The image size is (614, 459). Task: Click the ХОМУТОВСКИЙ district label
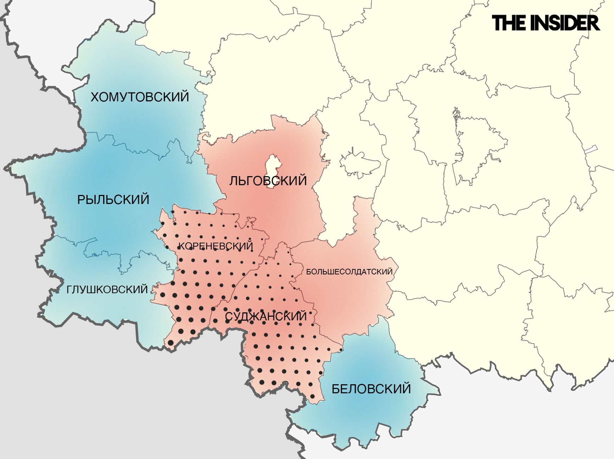(x=140, y=97)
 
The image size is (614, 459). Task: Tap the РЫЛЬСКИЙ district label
(x=113, y=200)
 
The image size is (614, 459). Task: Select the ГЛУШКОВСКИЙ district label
(x=107, y=290)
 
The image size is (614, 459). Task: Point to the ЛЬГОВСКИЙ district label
(x=268, y=181)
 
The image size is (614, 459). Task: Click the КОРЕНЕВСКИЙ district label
(x=216, y=246)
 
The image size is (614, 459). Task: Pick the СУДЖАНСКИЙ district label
(x=266, y=316)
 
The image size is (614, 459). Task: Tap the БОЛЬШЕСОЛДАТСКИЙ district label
(x=349, y=272)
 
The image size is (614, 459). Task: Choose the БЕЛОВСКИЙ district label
(x=371, y=389)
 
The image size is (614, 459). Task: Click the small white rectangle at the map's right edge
(x=591, y=150)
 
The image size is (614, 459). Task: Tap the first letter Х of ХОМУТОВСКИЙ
(x=95, y=97)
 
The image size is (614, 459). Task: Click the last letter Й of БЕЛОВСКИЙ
(x=406, y=389)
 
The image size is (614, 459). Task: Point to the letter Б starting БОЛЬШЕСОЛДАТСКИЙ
(x=308, y=272)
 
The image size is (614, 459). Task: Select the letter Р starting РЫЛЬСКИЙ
(x=81, y=200)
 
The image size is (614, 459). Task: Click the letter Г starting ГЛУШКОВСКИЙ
(x=69, y=290)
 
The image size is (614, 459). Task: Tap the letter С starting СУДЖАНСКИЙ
(x=229, y=317)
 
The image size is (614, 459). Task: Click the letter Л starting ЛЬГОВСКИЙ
(x=233, y=181)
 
